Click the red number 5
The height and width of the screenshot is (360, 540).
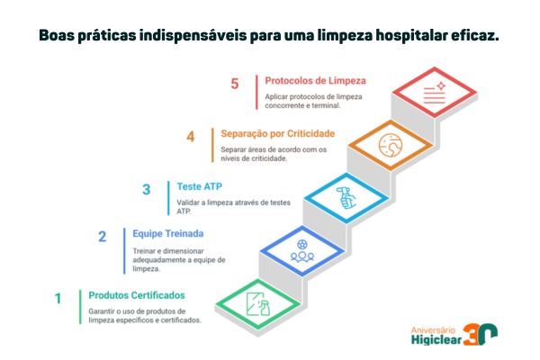(235, 84)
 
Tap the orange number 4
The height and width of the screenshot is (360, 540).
(191, 137)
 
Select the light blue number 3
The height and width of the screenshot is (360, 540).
(147, 190)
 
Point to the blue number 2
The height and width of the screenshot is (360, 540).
(103, 237)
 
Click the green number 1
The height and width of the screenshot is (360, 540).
(58, 298)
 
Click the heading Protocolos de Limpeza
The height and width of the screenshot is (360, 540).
(315, 81)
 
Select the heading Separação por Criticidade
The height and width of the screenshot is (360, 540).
(277, 134)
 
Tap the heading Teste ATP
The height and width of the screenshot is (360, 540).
(200, 186)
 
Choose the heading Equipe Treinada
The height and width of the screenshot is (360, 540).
(168, 234)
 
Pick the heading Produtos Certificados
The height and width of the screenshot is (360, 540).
(137, 295)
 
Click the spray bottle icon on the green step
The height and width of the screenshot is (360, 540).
(258, 304)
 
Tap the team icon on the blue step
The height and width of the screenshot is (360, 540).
(302, 251)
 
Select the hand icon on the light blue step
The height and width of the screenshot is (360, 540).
(346, 198)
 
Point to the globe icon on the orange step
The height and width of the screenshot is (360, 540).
(391, 145)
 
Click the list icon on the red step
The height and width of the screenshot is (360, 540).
(435, 93)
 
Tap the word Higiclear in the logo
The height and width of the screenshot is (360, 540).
(436, 339)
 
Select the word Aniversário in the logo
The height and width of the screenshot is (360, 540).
(433, 330)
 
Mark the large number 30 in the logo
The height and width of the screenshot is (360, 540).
(480, 334)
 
